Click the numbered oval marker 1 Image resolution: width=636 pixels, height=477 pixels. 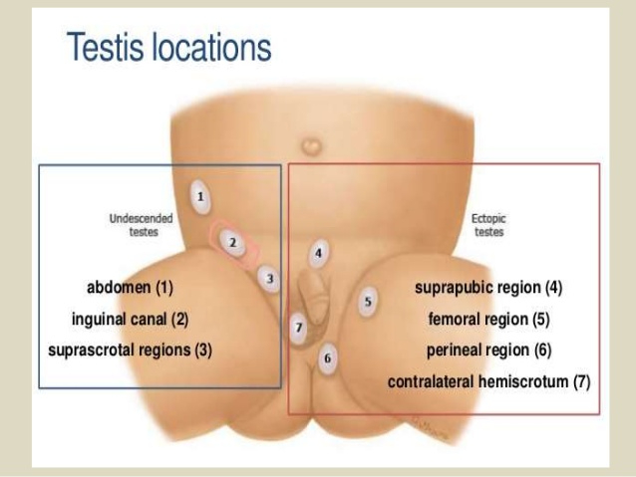click(200, 197)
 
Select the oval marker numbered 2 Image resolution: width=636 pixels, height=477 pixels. click(232, 242)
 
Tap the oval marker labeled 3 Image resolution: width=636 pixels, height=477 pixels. click(269, 279)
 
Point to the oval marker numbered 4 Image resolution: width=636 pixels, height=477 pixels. click(319, 253)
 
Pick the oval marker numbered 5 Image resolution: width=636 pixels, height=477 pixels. click(368, 301)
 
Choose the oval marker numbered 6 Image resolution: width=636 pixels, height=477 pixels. click(328, 358)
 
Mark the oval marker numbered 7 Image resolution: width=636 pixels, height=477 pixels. click(299, 328)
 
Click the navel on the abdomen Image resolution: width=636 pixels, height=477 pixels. click(311, 145)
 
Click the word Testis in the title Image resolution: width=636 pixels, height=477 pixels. click(105, 47)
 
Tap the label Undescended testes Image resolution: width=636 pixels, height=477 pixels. click(142, 225)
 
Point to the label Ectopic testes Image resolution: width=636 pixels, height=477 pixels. click(488, 225)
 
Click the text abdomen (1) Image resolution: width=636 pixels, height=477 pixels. click(130, 288)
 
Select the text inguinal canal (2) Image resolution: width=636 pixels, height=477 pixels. click(130, 319)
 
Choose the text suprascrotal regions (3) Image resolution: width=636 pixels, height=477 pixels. click(130, 351)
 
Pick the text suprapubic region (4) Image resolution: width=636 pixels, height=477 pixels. click(488, 288)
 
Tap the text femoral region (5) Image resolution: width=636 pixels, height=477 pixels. click(488, 319)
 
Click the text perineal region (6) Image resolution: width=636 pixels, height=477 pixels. click(488, 351)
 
